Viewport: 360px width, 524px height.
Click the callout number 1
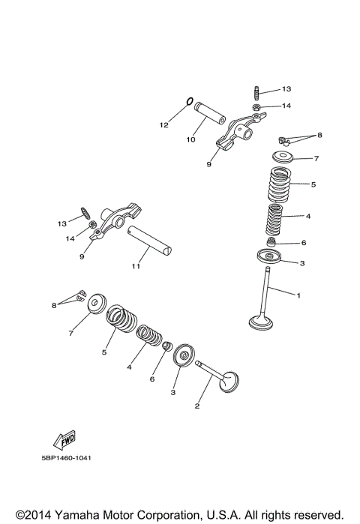click(298, 295)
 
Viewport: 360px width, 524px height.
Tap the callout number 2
click(197, 407)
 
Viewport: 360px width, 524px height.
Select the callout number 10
click(191, 139)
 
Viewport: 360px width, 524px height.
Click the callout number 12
click(164, 125)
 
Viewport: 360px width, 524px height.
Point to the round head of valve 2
click(230, 380)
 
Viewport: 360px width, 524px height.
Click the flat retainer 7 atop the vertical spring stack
click(283, 157)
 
